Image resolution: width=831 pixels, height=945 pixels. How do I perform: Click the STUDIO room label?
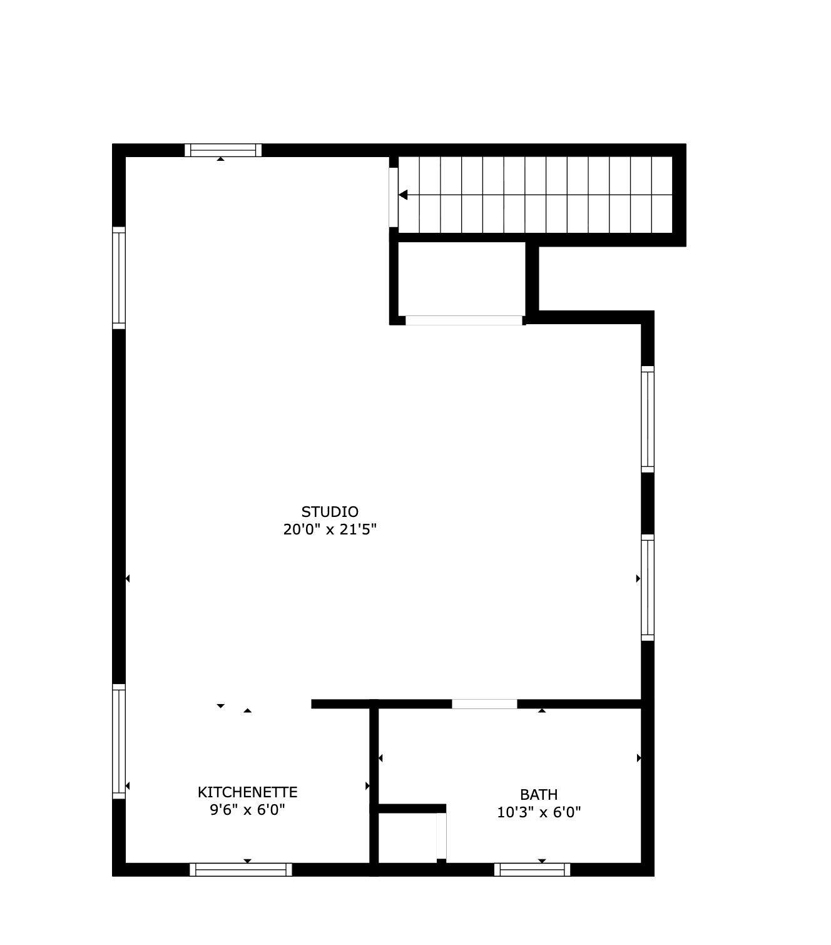330,512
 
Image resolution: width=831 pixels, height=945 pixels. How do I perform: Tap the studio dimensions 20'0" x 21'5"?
330,530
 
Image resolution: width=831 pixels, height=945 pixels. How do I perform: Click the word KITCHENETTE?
247,792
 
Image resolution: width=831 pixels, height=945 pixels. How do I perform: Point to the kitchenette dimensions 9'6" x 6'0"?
247,810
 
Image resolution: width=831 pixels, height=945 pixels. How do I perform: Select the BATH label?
539,795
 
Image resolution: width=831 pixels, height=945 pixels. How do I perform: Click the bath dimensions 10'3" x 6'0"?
539,813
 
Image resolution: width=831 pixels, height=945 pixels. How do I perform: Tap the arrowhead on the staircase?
404,195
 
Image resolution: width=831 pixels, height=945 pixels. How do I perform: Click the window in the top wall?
223,150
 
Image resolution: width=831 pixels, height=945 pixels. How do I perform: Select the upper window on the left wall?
119,277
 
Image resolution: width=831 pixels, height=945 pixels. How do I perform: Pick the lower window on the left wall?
119,741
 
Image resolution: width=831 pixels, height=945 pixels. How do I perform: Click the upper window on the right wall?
648,419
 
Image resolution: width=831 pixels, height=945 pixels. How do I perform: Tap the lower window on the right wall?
648,587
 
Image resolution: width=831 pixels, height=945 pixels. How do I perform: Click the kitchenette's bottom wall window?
241,869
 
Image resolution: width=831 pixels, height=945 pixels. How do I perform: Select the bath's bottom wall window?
533,869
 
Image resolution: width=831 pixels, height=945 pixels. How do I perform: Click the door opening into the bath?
484,704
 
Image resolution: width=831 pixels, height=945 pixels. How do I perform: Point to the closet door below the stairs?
464,320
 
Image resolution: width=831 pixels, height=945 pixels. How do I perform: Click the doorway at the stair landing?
393,197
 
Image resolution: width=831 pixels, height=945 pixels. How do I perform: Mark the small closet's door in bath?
441,836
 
